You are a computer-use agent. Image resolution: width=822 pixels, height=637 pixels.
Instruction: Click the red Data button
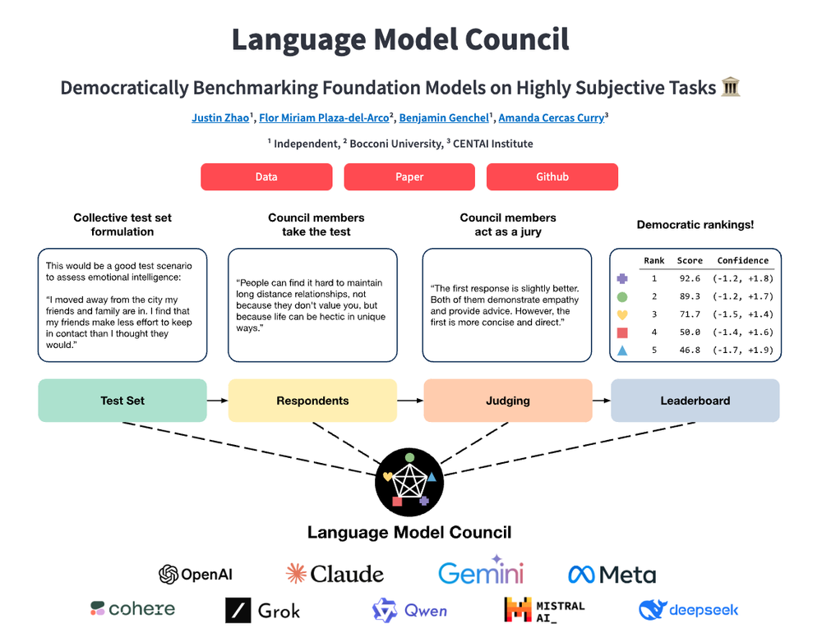(266, 176)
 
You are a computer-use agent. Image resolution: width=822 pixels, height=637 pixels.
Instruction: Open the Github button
(552, 176)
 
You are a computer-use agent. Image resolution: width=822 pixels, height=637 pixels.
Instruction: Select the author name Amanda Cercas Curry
(551, 118)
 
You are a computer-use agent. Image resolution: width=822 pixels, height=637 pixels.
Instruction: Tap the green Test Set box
(122, 401)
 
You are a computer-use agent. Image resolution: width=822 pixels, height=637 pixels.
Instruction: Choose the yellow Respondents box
(312, 401)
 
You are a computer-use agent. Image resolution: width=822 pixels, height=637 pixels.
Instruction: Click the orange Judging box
(507, 401)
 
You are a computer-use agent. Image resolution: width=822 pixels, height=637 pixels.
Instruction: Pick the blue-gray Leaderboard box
(695, 401)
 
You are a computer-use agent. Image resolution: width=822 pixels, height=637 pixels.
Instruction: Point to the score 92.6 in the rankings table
(690, 278)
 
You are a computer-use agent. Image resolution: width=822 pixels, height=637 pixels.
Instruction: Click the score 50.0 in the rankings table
(690, 332)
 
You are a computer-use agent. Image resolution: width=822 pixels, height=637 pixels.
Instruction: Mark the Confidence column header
(743, 260)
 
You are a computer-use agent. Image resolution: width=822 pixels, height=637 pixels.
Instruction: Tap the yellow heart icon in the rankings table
(622, 314)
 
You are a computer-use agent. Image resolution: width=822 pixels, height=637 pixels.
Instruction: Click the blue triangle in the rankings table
(622, 351)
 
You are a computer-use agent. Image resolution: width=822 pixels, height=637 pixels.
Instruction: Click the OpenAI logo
(196, 574)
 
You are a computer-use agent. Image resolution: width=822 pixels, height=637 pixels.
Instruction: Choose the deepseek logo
(689, 610)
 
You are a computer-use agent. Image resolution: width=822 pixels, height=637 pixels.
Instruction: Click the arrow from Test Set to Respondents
(217, 401)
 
